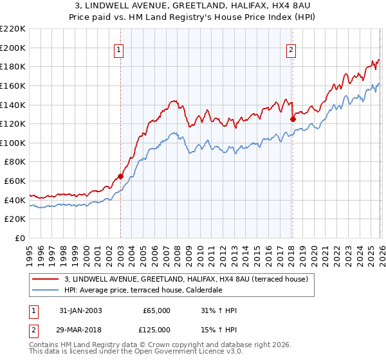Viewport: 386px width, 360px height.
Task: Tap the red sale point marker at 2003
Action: point(120,176)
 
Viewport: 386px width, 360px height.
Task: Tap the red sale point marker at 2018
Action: point(293,118)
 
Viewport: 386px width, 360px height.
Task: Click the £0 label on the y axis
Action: point(19,239)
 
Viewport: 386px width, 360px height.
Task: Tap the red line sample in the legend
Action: point(45,279)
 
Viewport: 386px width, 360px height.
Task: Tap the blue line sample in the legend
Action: point(45,289)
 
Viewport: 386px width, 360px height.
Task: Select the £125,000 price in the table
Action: point(156,330)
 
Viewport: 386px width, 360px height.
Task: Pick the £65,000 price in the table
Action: point(156,310)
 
